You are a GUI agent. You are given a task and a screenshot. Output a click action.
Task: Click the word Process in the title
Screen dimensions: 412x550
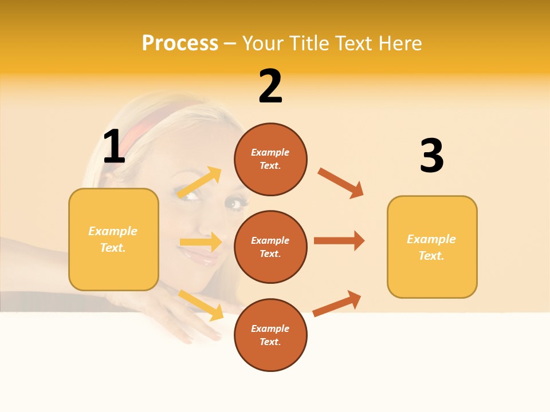(180, 43)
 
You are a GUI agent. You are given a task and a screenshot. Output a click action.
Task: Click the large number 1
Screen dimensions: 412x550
(113, 147)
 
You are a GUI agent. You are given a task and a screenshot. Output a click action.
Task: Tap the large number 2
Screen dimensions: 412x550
(270, 86)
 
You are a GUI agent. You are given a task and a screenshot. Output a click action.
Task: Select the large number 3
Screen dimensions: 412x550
(431, 156)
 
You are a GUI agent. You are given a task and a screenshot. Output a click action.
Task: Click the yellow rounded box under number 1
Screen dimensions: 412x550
(113, 239)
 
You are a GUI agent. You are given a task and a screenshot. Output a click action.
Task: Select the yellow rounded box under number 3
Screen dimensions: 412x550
(432, 247)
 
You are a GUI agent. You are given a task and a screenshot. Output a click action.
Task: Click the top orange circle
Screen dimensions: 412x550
(270, 159)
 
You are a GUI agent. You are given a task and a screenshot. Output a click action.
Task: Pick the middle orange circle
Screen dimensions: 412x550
(270, 247)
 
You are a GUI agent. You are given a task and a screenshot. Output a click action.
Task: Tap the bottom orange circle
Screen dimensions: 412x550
(270, 335)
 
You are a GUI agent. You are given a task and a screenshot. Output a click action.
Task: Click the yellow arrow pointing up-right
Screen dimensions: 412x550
(200, 183)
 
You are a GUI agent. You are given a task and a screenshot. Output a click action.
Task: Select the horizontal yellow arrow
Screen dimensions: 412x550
(201, 242)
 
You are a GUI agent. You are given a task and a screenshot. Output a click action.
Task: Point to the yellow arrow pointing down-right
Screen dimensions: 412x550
(201, 304)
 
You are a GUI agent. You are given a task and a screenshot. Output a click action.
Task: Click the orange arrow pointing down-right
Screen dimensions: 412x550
(341, 183)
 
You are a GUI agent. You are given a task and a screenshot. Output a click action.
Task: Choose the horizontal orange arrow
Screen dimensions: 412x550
(339, 240)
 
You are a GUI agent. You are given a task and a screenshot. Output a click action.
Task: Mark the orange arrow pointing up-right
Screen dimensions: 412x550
(337, 303)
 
